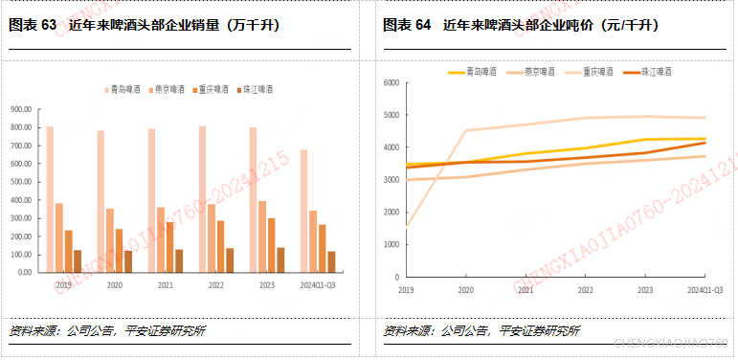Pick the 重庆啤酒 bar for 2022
click(x=221, y=246)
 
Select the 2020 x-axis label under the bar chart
click(x=114, y=285)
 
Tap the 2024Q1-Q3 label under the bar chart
click(x=317, y=285)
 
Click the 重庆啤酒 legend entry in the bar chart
click(x=210, y=89)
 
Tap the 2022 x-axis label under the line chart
click(x=585, y=288)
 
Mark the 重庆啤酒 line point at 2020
click(x=465, y=130)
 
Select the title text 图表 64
click(x=407, y=26)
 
